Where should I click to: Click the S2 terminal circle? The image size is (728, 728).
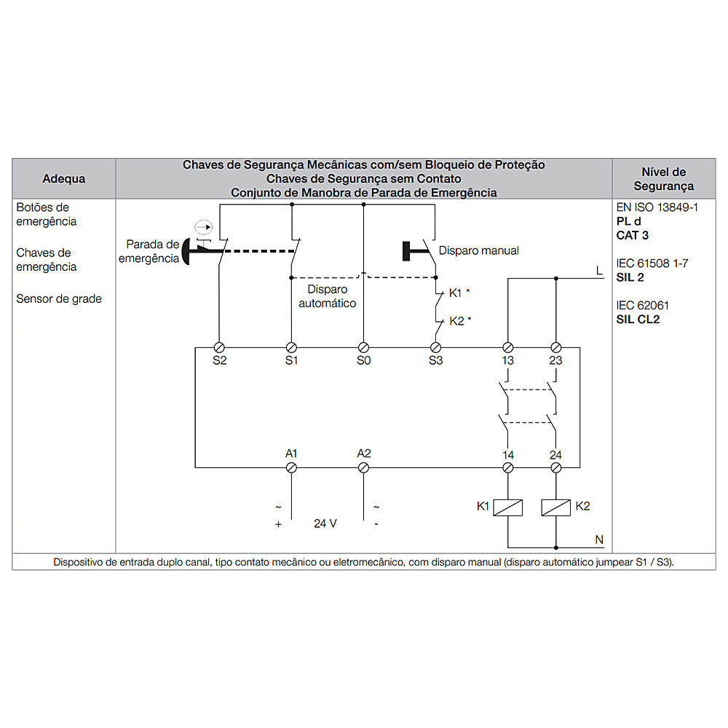pyautogui.click(x=219, y=347)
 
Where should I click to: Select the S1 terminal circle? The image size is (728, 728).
pyautogui.click(x=291, y=347)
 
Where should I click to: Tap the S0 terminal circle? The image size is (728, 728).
pyautogui.click(x=363, y=347)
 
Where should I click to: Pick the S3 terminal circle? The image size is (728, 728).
pyautogui.click(x=435, y=347)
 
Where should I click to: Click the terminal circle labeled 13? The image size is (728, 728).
pyautogui.click(x=508, y=347)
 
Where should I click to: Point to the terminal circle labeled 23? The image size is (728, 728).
pyautogui.click(x=555, y=347)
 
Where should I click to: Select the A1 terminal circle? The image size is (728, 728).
pyautogui.click(x=291, y=467)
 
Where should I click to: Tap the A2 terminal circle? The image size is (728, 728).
pyautogui.click(x=363, y=467)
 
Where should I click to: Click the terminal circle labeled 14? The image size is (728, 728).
pyautogui.click(x=508, y=467)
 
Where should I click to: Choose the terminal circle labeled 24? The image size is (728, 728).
pyautogui.click(x=555, y=467)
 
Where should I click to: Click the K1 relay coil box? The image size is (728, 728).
pyautogui.click(x=508, y=507)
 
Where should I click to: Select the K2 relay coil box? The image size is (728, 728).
pyautogui.click(x=555, y=507)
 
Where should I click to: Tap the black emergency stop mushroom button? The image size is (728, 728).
pyautogui.click(x=186, y=251)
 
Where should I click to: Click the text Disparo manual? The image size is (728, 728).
pyautogui.click(x=479, y=250)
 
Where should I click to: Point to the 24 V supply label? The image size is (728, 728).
pyautogui.click(x=325, y=523)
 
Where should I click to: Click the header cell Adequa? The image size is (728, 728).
pyautogui.click(x=64, y=179)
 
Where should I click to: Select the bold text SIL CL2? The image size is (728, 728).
pyautogui.click(x=638, y=320)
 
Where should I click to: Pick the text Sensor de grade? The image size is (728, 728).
pyautogui.click(x=59, y=298)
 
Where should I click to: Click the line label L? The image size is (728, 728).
pyautogui.click(x=599, y=271)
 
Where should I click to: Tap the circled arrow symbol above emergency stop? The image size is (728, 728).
pyautogui.click(x=203, y=227)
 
